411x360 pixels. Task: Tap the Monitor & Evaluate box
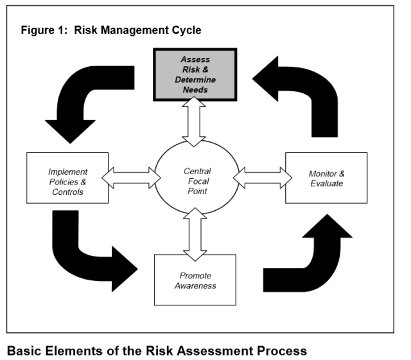pyautogui.click(x=326, y=177)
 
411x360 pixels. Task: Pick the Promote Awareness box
pyautogui.click(x=195, y=280)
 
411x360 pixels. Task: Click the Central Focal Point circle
pyautogui.click(x=197, y=177)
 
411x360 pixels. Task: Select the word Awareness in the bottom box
pyautogui.click(x=195, y=285)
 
